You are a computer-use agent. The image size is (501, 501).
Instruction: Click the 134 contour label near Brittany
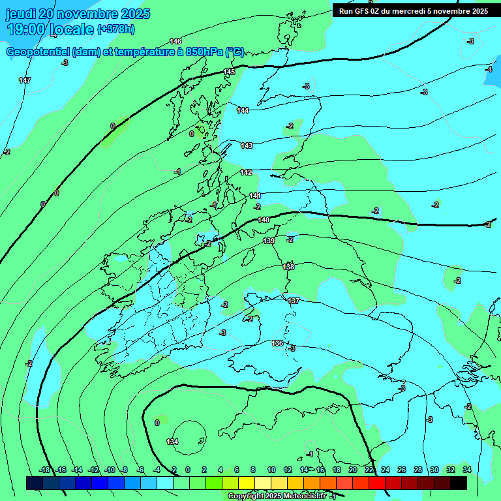[x=172, y=442]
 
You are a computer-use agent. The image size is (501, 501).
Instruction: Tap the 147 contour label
[x=25, y=80]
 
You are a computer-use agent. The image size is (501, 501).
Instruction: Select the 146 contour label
[x=175, y=41]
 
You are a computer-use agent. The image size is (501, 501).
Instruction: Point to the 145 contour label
[x=229, y=72]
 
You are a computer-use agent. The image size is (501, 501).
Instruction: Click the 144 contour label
[x=243, y=110]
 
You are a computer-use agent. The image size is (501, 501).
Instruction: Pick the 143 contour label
[x=247, y=145]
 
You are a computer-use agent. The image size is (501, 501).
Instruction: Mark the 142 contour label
[x=246, y=172]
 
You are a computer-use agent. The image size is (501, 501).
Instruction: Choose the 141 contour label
[x=255, y=196]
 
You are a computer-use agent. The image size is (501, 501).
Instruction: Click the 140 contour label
[x=264, y=220]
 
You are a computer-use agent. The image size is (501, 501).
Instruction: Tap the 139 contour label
[x=269, y=241]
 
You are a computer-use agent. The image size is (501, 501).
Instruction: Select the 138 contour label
[x=288, y=266]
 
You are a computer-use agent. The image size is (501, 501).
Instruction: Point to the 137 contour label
[x=294, y=301]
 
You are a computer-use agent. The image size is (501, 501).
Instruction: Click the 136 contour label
[x=277, y=343]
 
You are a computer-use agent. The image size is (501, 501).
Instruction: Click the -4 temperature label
[x=489, y=69]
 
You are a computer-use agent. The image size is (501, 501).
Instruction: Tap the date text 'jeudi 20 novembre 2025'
[x=78, y=14]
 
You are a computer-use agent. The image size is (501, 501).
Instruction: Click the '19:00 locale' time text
[x=50, y=29]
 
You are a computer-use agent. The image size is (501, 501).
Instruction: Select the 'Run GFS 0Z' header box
[x=413, y=10]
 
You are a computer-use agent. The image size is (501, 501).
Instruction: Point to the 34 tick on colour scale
[x=466, y=470]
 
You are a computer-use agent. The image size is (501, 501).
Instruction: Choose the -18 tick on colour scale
[x=44, y=470]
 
